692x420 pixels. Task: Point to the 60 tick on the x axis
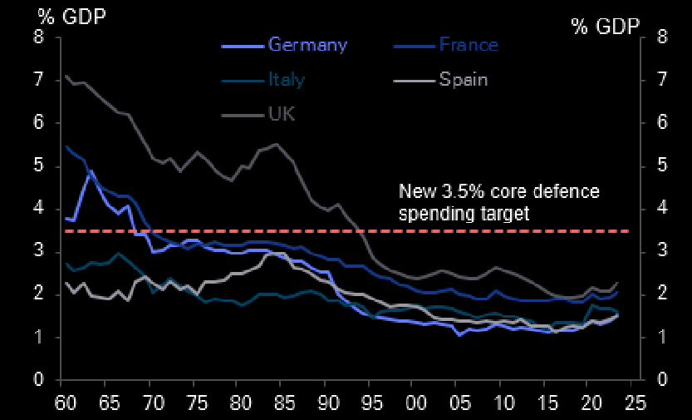[62, 400]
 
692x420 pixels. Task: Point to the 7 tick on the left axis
[37, 80]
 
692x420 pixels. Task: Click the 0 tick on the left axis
[37, 380]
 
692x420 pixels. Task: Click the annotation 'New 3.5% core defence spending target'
[498, 202]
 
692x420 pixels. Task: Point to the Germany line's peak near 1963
[90, 171]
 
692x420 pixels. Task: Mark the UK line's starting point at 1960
[66, 77]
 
